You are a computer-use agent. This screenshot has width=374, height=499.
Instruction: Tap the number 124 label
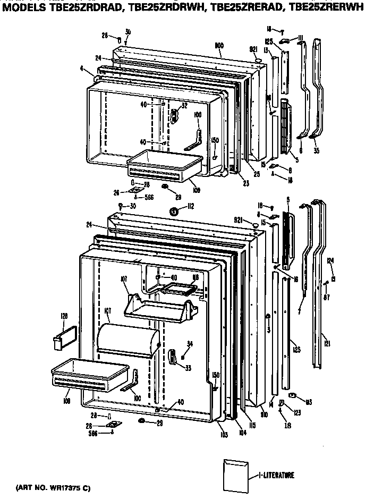pyautogui.click(x=330, y=260)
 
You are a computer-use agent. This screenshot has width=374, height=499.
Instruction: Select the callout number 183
pyautogui.click(x=309, y=402)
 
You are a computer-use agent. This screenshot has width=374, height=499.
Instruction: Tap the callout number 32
pyautogui.click(x=184, y=106)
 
